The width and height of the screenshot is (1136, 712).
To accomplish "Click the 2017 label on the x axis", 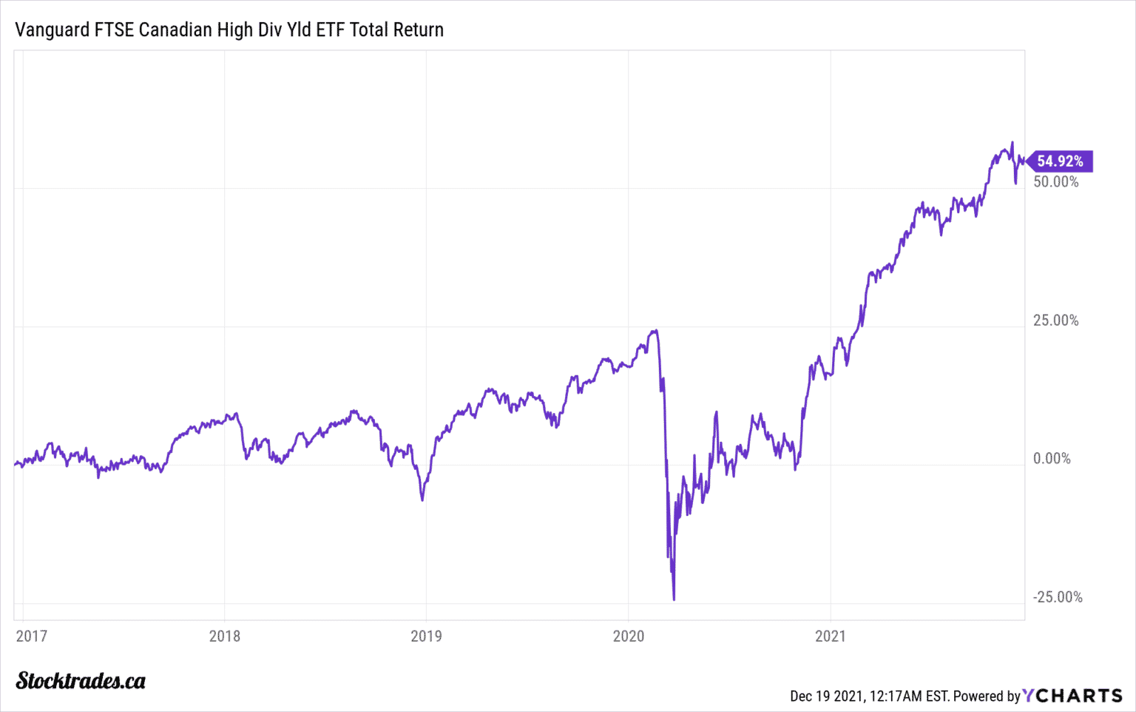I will click(31, 636).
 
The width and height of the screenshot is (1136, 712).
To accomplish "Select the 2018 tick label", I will click(225, 636).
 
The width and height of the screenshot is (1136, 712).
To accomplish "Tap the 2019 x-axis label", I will click(426, 636).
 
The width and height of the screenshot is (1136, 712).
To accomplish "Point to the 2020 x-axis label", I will click(628, 636).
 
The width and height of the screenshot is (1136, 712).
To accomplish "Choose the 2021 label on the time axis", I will click(830, 636).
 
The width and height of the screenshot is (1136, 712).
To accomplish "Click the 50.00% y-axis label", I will click(1056, 182).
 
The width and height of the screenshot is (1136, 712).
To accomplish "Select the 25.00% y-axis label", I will click(1056, 320).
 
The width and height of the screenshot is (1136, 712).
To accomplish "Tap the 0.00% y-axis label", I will click(1052, 459).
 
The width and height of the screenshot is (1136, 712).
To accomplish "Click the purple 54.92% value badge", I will click(1060, 161).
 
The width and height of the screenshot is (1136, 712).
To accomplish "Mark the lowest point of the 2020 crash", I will click(674, 599).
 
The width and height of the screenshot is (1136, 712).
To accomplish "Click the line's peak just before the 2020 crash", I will click(655, 331).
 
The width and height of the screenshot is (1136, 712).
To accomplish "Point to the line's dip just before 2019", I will click(422, 500).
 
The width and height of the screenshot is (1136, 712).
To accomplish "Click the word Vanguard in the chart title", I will click(47, 30).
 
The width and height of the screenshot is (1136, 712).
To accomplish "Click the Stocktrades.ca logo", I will click(81, 681).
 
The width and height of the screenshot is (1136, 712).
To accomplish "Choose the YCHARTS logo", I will click(1073, 696).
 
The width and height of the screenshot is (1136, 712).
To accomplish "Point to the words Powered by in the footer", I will click(987, 696).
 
